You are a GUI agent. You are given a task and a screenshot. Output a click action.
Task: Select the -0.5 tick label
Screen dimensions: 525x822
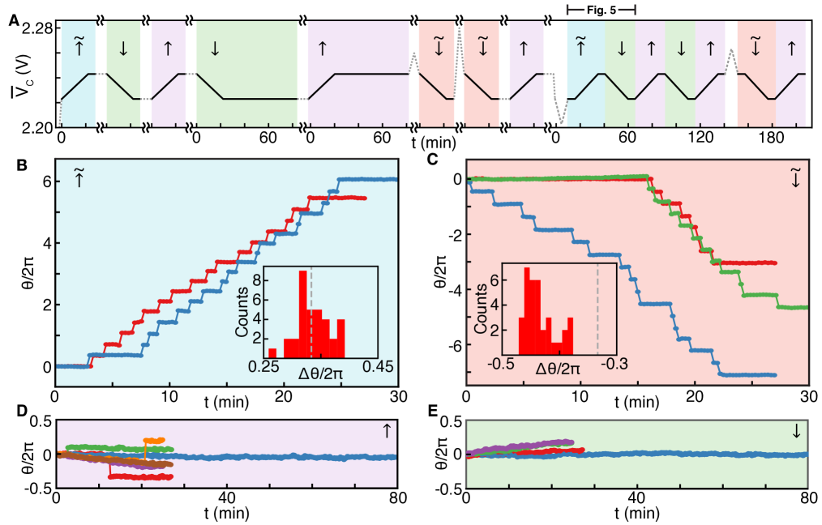[503, 363]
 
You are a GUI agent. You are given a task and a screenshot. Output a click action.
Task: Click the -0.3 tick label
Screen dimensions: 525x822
[614, 363]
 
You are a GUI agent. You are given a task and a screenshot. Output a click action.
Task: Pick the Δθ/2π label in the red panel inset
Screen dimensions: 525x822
[559, 369]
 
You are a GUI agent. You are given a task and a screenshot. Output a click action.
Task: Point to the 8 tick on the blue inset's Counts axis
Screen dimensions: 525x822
[256, 280]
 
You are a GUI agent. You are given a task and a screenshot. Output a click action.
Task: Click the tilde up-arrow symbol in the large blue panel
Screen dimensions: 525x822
[79, 179]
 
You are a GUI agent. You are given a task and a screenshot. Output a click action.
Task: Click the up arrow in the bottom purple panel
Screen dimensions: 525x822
[387, 432]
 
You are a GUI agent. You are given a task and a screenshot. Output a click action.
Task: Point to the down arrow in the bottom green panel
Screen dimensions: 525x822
[797, 433]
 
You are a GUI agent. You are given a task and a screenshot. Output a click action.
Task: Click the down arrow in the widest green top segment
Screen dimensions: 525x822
[214, 48]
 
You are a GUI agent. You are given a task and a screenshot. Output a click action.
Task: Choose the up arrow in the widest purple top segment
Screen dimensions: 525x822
[323, 48]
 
